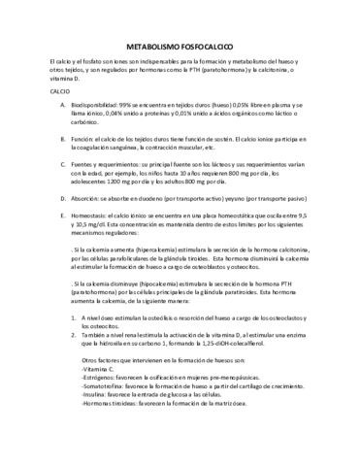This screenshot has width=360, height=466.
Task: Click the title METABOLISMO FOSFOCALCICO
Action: [179, 46]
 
